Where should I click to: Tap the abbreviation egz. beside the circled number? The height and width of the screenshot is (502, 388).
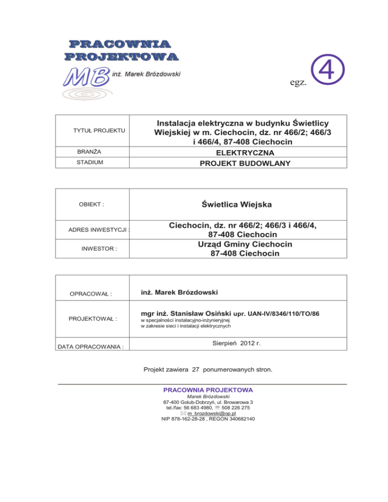pyautogui.click(x=298, y=82)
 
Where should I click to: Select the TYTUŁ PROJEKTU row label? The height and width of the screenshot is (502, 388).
pyautogui.click(x=100, y=131)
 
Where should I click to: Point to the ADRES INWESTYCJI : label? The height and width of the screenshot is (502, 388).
pyautogui.click(x=99, y=231)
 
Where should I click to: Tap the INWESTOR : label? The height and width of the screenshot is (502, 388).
pyautogui.click(x=99, y=249)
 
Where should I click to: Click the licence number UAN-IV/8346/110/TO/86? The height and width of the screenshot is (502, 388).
pyautogui.click(x=276, y=315)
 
